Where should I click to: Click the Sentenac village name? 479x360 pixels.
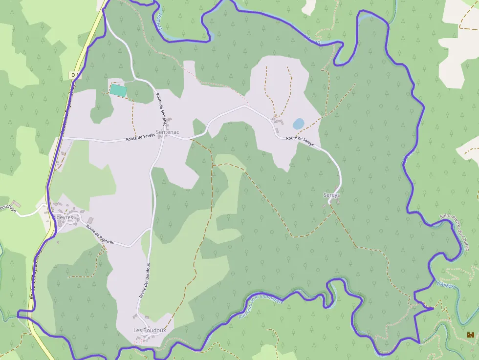pos(167,132)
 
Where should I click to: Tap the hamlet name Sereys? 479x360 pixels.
pos(331,195)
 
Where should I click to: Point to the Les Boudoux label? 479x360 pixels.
pos(150,331)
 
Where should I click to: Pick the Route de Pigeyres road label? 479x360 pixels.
pos(100,234)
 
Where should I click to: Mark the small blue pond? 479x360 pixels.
pos(298,124)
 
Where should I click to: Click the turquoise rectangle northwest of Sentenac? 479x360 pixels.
pos(117,90)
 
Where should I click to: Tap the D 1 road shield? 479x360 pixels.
pos(74,75)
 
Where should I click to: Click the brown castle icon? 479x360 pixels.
pos(471,335)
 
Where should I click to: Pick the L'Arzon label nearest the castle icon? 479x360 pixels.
pos(445,285)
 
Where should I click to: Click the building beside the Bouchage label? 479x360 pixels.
pos(17,203)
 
